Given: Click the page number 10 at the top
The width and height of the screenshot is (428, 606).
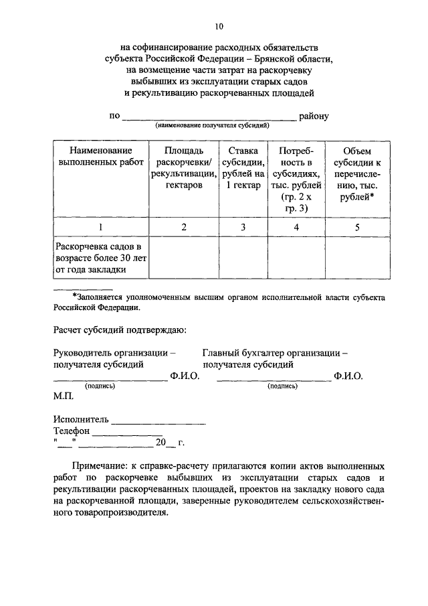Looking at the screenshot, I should pyautogui.click(x=219, y=27).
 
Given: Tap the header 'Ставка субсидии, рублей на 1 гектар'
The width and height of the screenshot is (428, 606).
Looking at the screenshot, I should pyautogui.click(x=243, y=168).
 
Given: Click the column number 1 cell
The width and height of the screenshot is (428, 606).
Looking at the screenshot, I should pyautogui.click(x=100, y=228).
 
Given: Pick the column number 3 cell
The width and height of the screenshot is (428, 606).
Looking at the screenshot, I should pyautogui.click(x=243, y=228).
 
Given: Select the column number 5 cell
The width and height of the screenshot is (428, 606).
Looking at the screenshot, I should pyautogui.click(x=357, y=228).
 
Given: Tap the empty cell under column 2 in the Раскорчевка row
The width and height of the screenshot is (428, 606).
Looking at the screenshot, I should pyautogui.click(x=184, y=258).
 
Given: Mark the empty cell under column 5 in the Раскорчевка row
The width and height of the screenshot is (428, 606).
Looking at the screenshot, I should pyautogui.click(x=357, y=258).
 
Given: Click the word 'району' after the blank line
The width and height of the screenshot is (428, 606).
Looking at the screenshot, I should pyautogui.click(x=314, y=116).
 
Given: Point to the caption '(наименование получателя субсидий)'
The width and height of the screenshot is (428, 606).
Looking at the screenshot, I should pyautogui.click(x=212, y=125).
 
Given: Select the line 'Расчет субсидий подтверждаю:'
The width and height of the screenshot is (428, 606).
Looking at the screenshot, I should pyautogui.click(x=120, y=329).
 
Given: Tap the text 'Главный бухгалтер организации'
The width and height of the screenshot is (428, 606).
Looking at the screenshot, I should pyautogui.click(x=275, y=353).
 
